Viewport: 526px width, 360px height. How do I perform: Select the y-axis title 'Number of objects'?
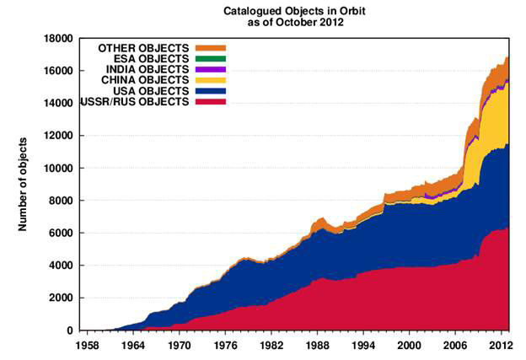click(24, 185)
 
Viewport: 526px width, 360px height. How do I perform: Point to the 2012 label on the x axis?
click(503, 346)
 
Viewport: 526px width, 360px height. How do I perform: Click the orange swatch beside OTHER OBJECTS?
click(210, 48)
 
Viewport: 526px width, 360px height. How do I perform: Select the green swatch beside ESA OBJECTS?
click(210, 59)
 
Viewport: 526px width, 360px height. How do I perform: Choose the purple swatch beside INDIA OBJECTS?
click(210, 69)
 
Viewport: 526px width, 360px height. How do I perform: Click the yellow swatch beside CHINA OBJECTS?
click(210, 80)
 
